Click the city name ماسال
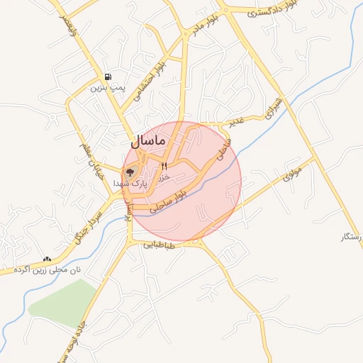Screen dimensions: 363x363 point(146,140)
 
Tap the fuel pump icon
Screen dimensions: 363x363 point(108,77)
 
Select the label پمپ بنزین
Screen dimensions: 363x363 point(106,88)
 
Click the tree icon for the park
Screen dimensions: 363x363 point(130,172)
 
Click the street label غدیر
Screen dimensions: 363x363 point(235,122)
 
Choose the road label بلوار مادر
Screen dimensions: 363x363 point(205,26)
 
